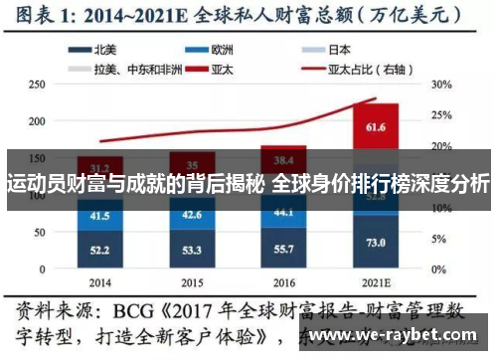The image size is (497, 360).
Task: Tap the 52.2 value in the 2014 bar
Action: tap(99, 250)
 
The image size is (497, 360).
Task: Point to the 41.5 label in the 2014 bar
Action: tap(99, 215)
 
